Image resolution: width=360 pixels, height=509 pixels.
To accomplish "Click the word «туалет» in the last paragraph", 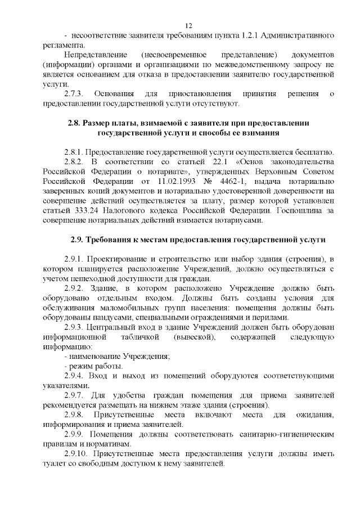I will click(x=55, y=463).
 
